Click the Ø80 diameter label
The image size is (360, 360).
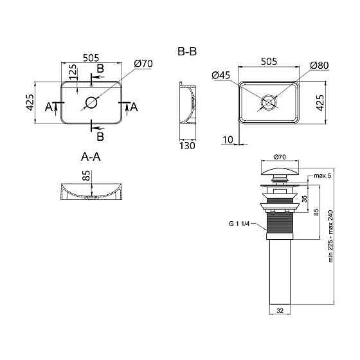pos(319,66)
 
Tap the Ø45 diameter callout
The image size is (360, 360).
pos(221,75)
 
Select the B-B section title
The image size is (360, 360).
pos(187,51)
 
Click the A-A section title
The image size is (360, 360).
pos(91,157)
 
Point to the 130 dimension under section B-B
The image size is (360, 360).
pos(187,145)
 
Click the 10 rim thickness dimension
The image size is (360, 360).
pos(228,139)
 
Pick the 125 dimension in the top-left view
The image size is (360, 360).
pos(73,72)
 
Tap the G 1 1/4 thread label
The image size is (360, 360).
pos(239,224)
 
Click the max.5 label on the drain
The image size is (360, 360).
pos(323,176)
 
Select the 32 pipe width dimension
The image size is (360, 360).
pos(280,310)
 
